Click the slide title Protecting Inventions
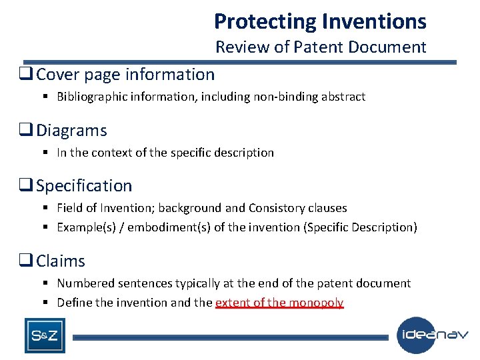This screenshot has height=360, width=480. point(320,21)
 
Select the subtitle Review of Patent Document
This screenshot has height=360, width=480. point(320,47)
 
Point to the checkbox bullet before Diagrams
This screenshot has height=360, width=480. point(29,131)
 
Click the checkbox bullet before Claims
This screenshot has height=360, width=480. point(29,261)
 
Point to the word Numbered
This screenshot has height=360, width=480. point(83,283)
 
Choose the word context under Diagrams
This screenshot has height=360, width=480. point(108,153)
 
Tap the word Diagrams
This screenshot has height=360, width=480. point(71,131)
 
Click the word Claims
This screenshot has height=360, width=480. point(61,261)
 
